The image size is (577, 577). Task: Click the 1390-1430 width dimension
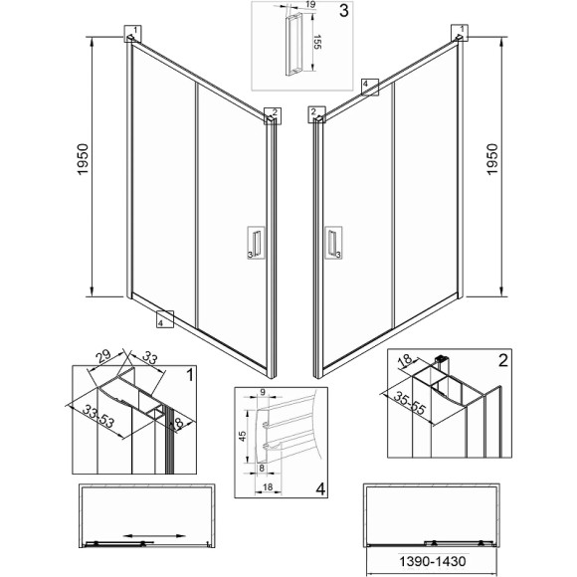433,561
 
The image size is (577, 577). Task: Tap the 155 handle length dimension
317,42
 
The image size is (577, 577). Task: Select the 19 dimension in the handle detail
310,4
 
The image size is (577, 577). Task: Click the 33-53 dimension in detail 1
98,416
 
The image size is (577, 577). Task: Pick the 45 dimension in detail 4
243,436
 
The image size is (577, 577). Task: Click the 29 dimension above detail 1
103,355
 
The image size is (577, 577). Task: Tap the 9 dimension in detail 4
263,392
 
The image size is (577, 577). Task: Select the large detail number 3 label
343,11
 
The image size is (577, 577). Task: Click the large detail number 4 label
321,488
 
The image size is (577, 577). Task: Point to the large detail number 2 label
502,360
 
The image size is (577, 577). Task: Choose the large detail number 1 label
190,375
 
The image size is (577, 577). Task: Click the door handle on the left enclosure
257,243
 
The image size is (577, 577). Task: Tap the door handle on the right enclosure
332,243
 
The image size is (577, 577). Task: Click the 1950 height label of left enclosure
84,159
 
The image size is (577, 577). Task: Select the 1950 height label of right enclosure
491,159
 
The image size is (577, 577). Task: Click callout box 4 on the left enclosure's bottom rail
165,319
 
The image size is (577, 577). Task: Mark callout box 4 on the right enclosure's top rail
370,87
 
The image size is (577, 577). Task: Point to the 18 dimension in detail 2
406,359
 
